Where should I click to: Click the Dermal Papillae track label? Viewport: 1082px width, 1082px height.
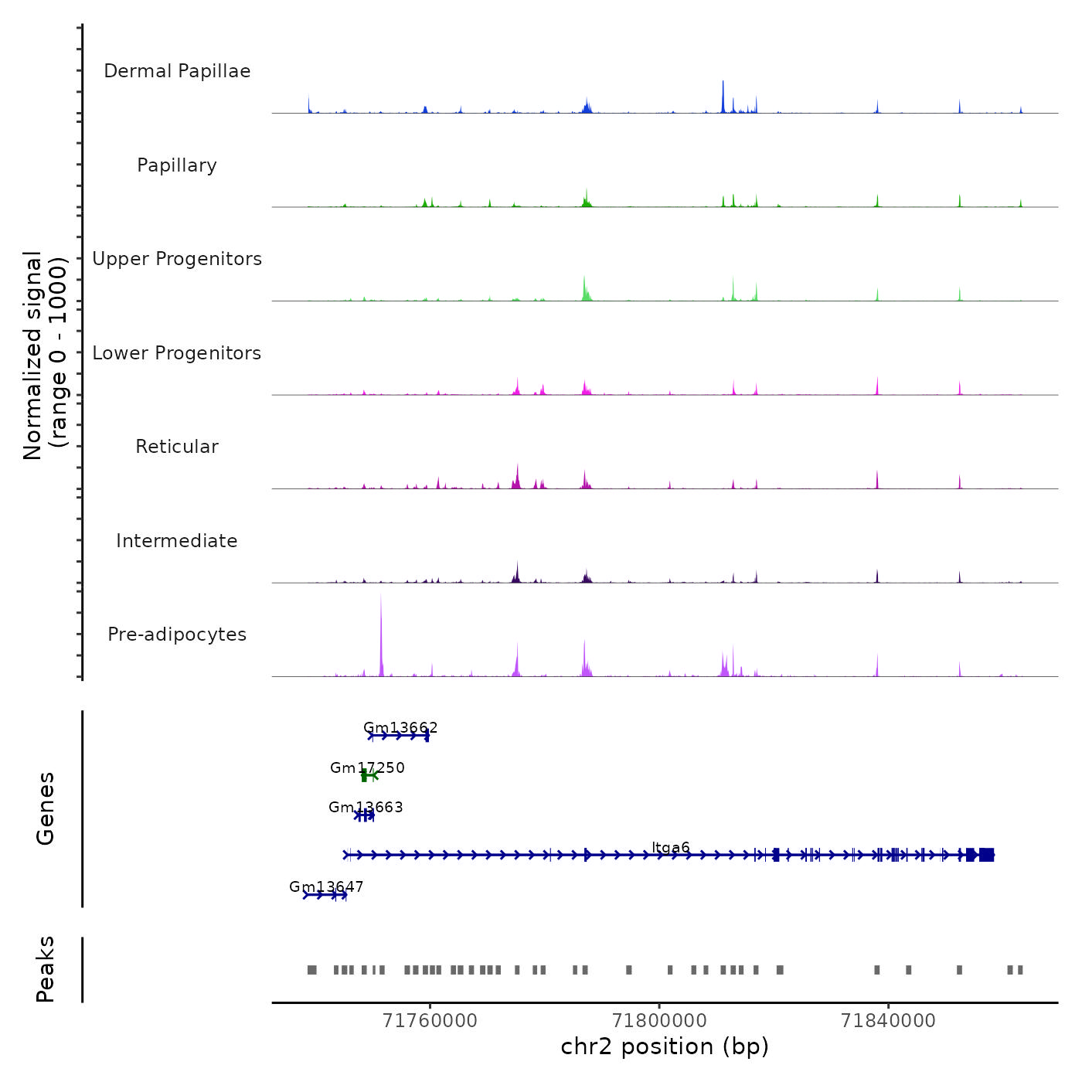(x=177, y=71)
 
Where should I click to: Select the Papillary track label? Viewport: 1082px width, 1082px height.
(x=177, y=165)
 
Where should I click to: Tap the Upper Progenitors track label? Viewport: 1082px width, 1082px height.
(x=177, y=259)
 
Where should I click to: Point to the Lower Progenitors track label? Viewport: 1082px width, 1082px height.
(x=177, y=353)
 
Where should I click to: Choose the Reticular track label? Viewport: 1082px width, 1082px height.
(x=177, y=447)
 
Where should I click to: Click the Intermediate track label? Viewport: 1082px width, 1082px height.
(x=177, y=541)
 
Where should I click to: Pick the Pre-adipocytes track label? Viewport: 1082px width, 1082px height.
(x=177, y=635)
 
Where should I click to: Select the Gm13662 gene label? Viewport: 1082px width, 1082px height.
(x=400, y=727)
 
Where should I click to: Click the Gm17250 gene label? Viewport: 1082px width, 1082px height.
(x=367, y=767)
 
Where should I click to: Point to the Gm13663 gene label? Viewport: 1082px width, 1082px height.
(x=366, y=807)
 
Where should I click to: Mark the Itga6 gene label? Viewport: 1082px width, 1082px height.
(x=671, y=847)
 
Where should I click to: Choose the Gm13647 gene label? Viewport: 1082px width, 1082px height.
(x=326, y=886)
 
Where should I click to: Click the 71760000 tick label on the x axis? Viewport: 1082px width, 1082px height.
(x=430, y=1021)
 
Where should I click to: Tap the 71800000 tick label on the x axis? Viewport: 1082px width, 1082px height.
(x=659, y=1021)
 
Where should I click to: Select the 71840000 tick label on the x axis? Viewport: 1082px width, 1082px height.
(x=888, y=1021)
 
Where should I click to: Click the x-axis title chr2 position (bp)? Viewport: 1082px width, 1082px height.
(x=665, y=1046)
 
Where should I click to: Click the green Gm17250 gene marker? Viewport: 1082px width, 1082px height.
(x=368, y=776)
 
